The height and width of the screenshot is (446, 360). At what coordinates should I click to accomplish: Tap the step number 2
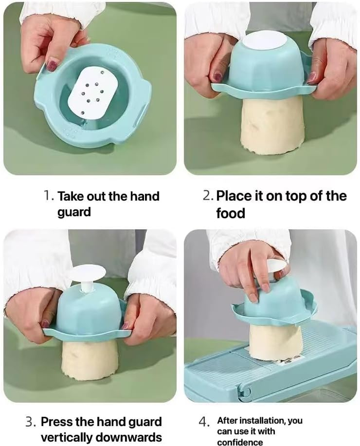[x=208, y=196]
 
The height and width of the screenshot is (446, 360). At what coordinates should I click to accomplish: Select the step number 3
[x=31, y=422]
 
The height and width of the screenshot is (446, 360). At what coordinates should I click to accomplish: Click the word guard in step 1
[x=74, y=213]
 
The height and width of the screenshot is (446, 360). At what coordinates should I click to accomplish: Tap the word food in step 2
[x=230, y=213]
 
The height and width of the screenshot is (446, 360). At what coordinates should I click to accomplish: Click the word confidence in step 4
[x=240, y=442]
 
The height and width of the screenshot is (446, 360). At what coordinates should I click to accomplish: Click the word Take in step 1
[x=71, y=196]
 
